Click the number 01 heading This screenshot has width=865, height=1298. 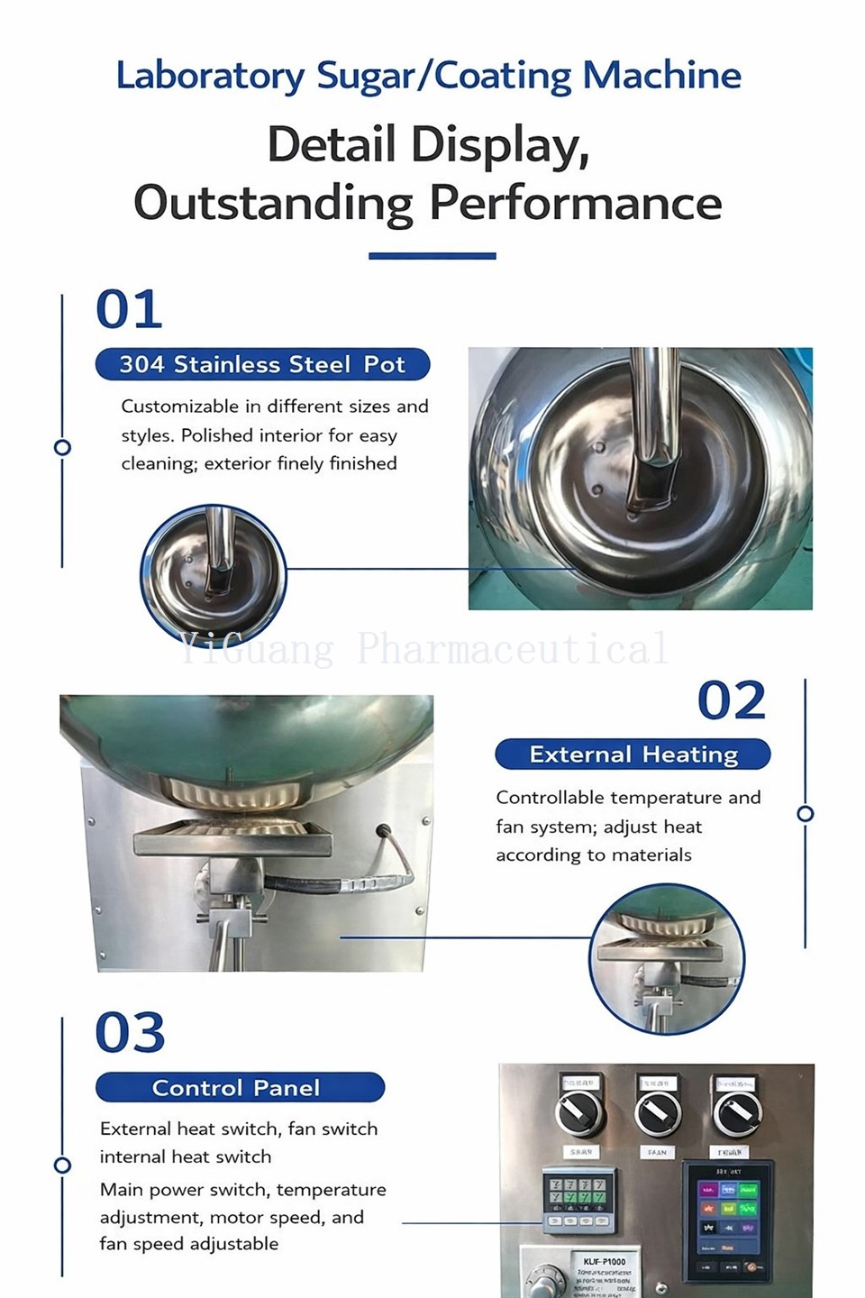tap(129, 309)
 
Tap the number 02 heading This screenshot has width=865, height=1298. tap(731, 700)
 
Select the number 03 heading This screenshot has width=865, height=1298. tap(130, 1032)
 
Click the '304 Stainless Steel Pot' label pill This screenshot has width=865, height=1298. tap(262, 364)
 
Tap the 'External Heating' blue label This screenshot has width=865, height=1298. tap(633, 754)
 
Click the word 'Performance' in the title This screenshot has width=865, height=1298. tap(575, 202)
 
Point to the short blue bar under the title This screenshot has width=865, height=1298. tap(432, 256)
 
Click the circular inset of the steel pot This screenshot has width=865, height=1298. tap(214, 575)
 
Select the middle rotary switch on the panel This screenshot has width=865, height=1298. tap(657, 1114)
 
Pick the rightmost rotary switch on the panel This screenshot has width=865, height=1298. tap(735, 1114)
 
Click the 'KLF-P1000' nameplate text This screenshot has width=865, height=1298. tap(604, 1261)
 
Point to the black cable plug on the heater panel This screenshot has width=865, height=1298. tap(385, 831)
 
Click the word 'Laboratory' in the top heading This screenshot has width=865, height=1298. tap(210, 76)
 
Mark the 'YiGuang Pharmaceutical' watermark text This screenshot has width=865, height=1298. tap(423, 649)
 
